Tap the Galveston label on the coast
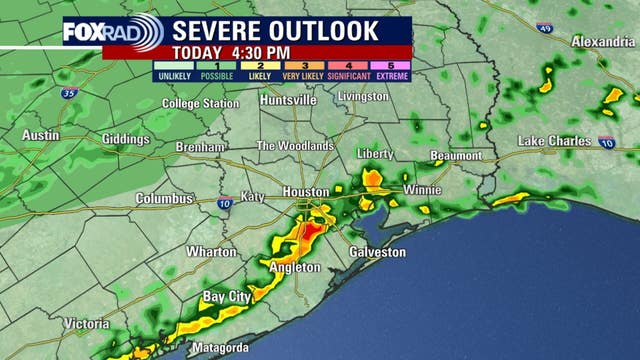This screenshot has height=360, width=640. pyautogui.click(x=378, y=252)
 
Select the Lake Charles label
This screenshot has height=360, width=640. pyautogui.click(x=554, y=141)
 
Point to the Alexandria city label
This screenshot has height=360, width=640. pyautogui.click(x=603, y=41)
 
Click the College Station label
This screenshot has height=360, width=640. pyautogui.click(x=195, y=104)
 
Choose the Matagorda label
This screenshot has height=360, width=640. pyautogui.click(x=220, y=348)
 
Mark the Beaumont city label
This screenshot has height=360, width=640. pyautogui.click(x=456, y=156)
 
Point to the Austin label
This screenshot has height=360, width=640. pyautogui.click(x=40, y=135)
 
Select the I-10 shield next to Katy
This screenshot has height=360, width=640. pyautogui.click(x=225, y=204)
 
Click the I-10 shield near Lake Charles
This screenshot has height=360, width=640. pyautogui.click(x=607, y=143)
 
